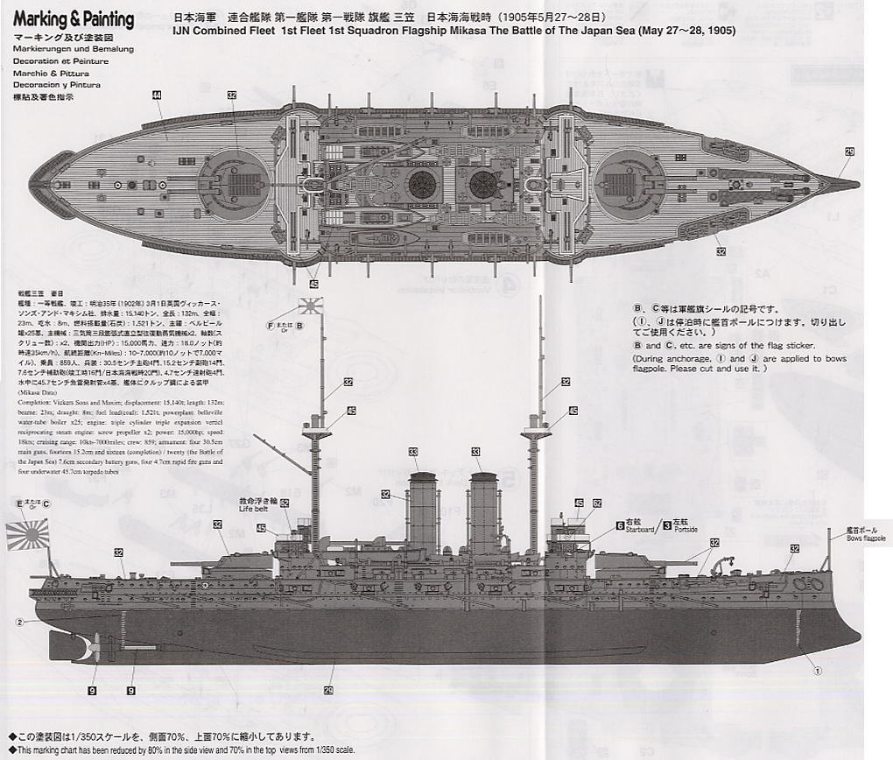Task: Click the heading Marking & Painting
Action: click(74, 19)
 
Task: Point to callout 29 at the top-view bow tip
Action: click(848, 151)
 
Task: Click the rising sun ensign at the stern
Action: click(27, 534)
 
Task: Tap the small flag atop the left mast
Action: click(311, 306)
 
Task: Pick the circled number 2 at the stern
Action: click(18, 623)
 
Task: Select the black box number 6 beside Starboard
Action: click(620, 525)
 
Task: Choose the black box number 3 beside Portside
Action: click(667, 525)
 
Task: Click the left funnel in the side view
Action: click(422, 517)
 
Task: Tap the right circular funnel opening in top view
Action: click(482, 184)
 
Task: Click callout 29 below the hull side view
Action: click(328, 690)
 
